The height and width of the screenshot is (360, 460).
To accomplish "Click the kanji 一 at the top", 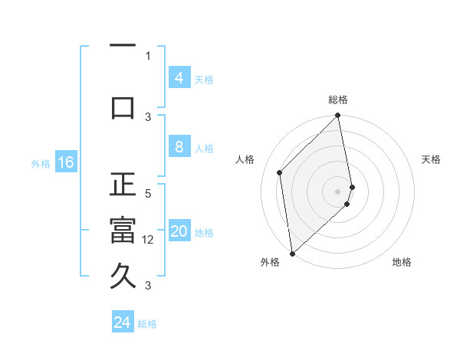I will coord(123,47).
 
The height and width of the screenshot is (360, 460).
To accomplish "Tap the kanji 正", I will coord(123,185).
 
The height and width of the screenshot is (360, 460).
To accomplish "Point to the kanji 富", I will coord(123,231).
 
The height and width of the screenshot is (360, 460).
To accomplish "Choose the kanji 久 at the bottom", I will coord(123,277).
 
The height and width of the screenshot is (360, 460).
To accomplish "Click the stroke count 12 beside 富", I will coord(148,240).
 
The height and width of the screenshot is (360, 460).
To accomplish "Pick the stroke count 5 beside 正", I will coord(148,194).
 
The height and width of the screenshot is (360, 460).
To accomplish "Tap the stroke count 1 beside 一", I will coord(148,55).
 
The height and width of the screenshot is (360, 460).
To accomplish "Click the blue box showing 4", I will coord(179,78).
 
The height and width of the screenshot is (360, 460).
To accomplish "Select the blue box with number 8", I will coord(179,147).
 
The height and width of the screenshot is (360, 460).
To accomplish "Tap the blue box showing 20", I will coord(179,232).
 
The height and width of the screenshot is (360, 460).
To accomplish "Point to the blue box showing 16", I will coord(66,162).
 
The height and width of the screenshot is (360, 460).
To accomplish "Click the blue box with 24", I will coord(123,322).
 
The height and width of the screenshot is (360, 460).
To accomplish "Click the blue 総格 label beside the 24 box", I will coord(147,324).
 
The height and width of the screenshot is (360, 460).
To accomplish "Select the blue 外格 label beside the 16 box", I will coord(41,163).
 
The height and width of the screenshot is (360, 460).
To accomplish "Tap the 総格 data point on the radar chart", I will coord(337,116).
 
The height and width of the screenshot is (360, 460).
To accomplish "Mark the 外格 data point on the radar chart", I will coord(292,253).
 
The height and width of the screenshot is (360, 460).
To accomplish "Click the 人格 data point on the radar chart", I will coord(280,172).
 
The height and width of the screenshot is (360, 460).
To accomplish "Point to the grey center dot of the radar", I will coord(337,191).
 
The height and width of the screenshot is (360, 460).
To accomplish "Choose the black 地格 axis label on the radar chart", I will coord(402,263).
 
